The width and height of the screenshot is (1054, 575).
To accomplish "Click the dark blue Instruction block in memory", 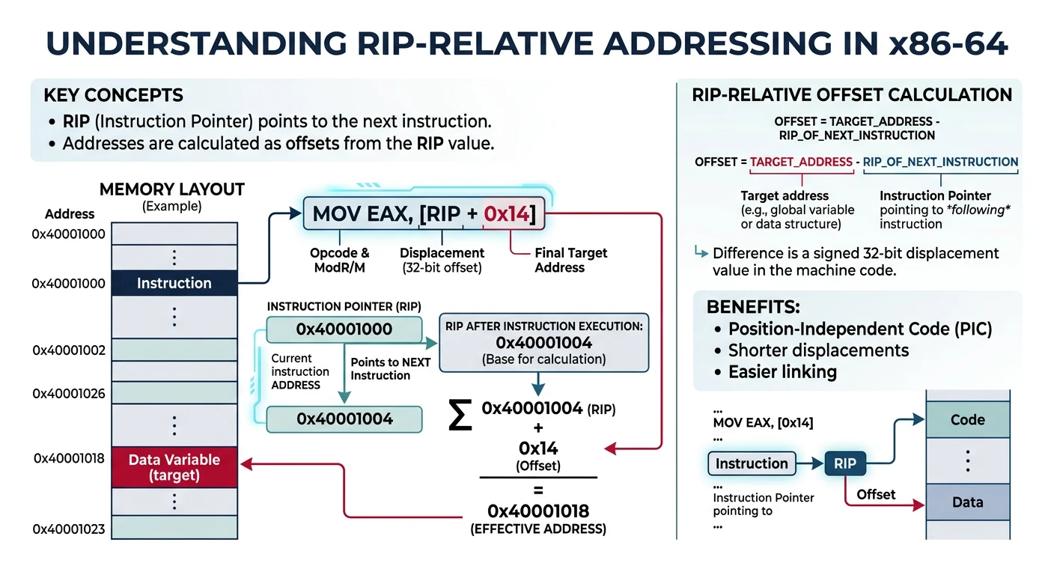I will pyautogui.click(x=174, y=283).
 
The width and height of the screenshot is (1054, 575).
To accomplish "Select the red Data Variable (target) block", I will pyautogui.click(x=174, y=468).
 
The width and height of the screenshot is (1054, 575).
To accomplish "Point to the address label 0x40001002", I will pyautogui.click(x=69, y=350).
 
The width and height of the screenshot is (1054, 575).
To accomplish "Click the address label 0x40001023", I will pyautogui.click(x=69, y=529).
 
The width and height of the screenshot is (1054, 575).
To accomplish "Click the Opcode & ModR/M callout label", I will pyautogui.click(x=340, y=260).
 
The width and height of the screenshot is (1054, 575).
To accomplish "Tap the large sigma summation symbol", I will pyautogui.click(x=460, y=415).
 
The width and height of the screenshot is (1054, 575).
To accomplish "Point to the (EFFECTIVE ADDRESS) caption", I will pyautogui.click(x=537, y=529).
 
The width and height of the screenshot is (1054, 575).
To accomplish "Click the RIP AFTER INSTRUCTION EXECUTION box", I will pyautogui.click(x=543, y=343).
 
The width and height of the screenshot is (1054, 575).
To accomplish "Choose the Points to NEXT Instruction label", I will pyautogui.click(x=391, y=368).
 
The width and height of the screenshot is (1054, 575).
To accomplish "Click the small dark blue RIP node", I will pyautogui.click(x=844, y=464).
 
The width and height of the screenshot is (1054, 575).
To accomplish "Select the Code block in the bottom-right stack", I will pyautogui.click(x=967, y=420).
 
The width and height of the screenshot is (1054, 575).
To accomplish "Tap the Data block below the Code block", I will pyautogui.click(x=967, y=502).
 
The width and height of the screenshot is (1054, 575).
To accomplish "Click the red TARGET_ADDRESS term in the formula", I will pyautogui.click(x=801, y=162).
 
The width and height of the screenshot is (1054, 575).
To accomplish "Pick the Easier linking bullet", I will pyautogui.click(x=782, y=371).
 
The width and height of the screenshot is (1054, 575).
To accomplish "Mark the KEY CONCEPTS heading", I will pyautogui.click(x=113, y=96).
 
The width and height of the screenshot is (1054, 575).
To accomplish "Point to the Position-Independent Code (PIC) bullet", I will pyautogui.click(x=860, y=329).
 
